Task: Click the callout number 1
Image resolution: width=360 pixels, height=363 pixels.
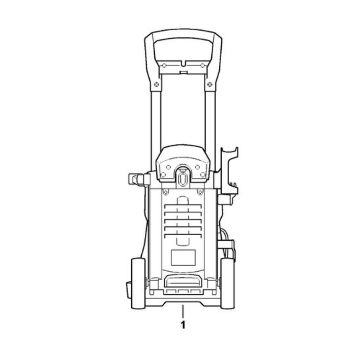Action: point(183,325)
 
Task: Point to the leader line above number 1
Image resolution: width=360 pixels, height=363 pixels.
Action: point(183,311)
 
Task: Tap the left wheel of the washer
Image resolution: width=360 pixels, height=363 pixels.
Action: point(138,284)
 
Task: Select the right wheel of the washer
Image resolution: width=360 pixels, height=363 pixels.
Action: point(227,284)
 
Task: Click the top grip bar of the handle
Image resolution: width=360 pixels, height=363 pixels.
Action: point(183,33)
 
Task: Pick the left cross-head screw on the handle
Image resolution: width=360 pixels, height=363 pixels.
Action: point(157,84)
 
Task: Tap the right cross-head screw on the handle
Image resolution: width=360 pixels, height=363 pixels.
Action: point(210,84)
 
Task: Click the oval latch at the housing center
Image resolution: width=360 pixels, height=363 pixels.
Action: point(183,180)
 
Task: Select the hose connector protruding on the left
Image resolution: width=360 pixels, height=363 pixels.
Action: point(139,179)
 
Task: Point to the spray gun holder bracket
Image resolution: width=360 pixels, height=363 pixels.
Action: point(229,172)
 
